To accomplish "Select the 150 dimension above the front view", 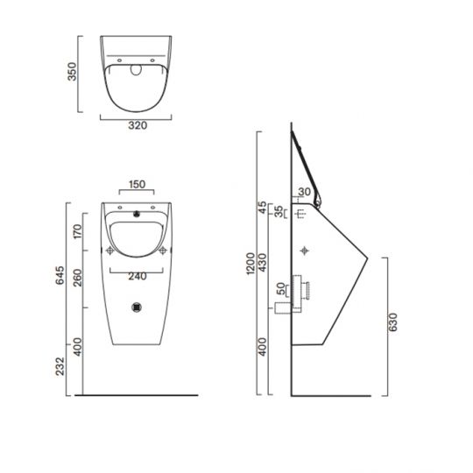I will [136, 185].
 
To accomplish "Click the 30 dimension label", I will [305, 193].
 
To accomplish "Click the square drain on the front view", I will [136, 307].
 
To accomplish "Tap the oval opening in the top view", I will [137, 72].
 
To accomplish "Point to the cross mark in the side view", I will [306, 251].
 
